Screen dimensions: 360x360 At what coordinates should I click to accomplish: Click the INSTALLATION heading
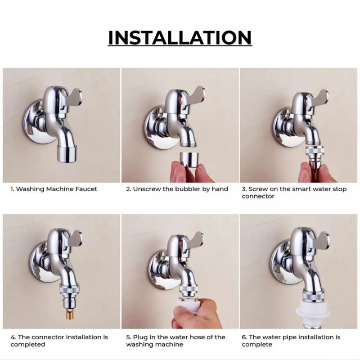(x=180, y=38)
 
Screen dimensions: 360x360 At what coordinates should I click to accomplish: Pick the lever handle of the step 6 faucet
(x=321, y=239)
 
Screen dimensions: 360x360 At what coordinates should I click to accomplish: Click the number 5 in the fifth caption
(x=128, y=337)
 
